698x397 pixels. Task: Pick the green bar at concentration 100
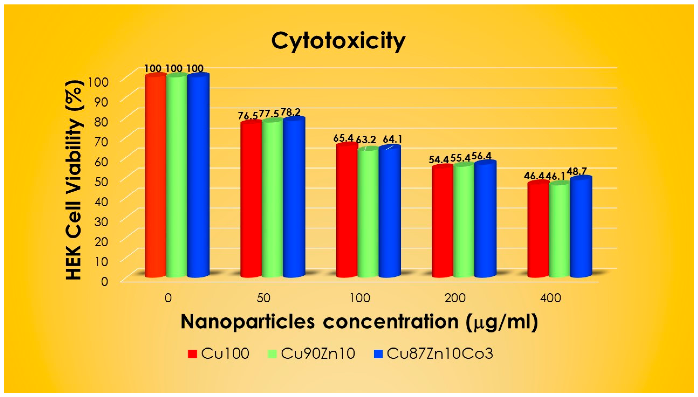click(x=368, y=213)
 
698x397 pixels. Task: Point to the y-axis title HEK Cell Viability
click(x=74, y=180)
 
